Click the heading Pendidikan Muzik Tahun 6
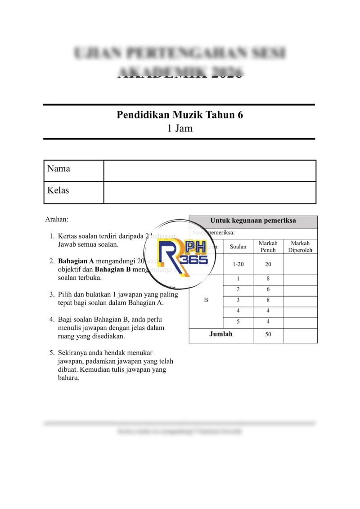(x=180, y=115)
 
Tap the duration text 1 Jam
(x=180, y=128)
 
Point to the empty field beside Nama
(x=210, y=171)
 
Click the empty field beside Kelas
(x=210, y=192)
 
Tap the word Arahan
(x=57, y=220)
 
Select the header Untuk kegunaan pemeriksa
(x=253, y=221)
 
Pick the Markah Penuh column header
(x=268, y=246)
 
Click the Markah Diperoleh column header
(x=300, y=246)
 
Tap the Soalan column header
(x=238, y=247)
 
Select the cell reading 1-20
(x=238, y=264)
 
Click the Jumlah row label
(x=221, y=334)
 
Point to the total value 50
(x=268, y=335)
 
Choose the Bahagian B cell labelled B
(x=206, y=300)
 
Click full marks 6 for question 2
(x=268, y=289)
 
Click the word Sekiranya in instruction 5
(x=73, y=353)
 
